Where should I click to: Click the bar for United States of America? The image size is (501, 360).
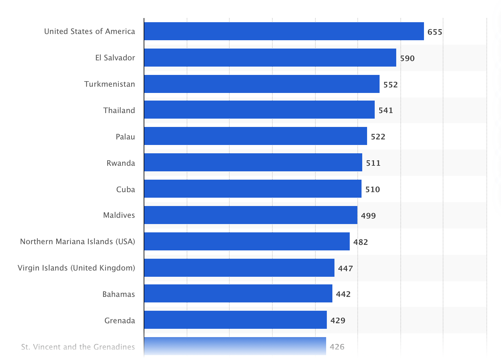(284, 31)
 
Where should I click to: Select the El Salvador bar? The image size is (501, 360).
(270, 58)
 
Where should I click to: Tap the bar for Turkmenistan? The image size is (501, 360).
(262, 84)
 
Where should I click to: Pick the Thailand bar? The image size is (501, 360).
(259, 110)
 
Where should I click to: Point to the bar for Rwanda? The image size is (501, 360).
(253, 162)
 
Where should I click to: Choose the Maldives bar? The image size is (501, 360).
(250, 215)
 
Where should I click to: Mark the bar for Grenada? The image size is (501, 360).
(235, 320)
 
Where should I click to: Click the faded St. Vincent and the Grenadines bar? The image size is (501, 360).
(235, 346)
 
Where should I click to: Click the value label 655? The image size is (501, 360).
(435, 32)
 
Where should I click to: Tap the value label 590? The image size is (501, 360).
(407, 58)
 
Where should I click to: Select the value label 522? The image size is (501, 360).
(378, 137)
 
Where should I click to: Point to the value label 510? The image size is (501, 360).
(373, 189)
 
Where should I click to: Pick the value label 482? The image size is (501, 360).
(360, 242)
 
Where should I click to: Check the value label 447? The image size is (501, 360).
(346, 268)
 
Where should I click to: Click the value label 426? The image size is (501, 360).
(337, 347)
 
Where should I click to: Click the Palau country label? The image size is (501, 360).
(125, 137)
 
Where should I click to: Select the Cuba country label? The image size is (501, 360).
(126, 189)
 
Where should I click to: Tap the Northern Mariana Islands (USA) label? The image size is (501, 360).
(77, 241)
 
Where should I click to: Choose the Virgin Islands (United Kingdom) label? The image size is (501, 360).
(76, 268)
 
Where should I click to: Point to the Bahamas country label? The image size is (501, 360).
(119, 294)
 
